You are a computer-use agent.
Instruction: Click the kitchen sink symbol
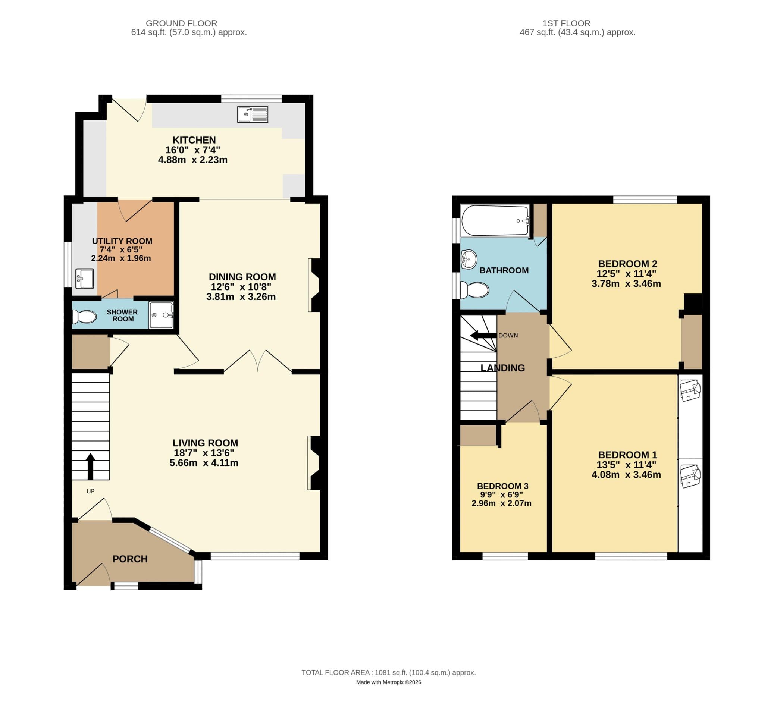tap(252, 114)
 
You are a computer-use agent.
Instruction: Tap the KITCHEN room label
tap(194, 140)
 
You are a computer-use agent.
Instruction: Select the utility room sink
tap(84, 279)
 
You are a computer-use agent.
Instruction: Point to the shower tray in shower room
tap(161, 315)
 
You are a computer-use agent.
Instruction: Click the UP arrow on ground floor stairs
tap(90, 466)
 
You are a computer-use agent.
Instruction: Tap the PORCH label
tap(130, 559)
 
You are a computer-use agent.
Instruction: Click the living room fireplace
tap(315, 463)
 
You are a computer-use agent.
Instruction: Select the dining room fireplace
tap(315, 285)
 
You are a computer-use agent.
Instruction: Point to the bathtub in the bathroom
tap(495, 220)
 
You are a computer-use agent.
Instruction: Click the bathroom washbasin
tap(469, 259)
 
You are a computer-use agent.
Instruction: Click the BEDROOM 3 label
tap(502, 486)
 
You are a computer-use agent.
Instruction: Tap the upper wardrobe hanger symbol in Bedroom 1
tap(690, 390)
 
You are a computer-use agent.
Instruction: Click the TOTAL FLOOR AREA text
tap(388, 673)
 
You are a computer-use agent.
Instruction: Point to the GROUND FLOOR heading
tap(181, 23)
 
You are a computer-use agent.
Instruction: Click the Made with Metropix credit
tap(388, 682)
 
